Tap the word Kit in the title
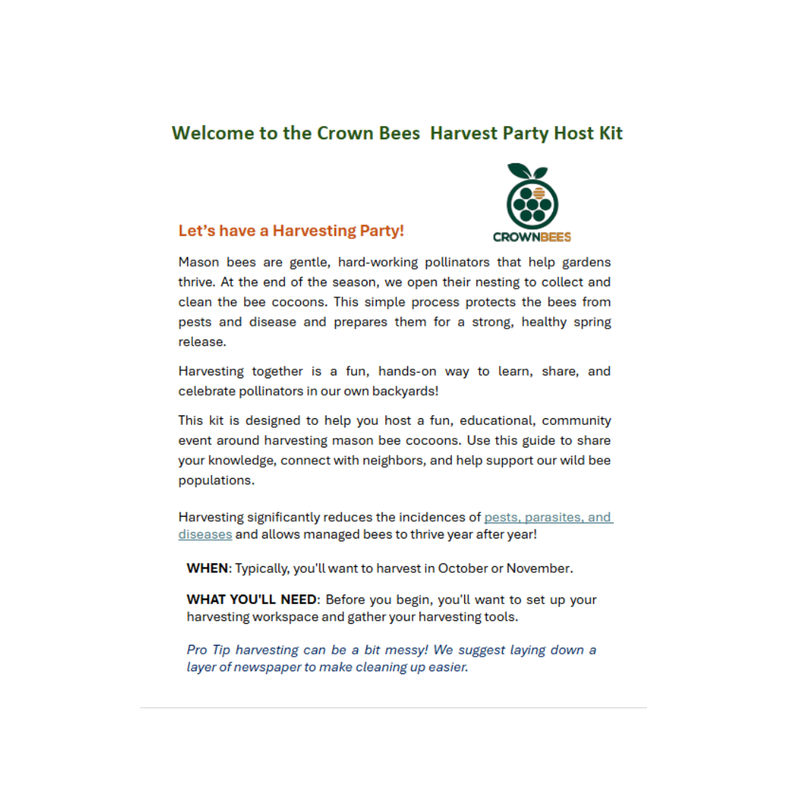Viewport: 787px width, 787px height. click(610, 134)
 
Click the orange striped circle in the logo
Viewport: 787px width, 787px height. click(539, 193)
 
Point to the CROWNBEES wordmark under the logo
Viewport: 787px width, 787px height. click(532, 237)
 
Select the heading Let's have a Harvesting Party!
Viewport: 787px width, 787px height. click(291, 231)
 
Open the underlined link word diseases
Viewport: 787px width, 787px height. click(205, 534)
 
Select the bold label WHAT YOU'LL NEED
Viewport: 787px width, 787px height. click(252, 600)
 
